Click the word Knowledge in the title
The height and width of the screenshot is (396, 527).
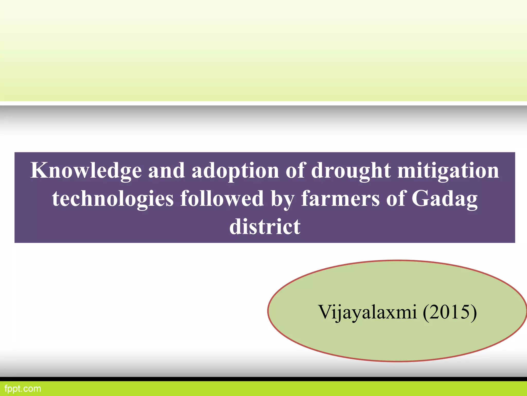[86, 171]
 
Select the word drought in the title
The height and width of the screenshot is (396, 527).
[351, 171]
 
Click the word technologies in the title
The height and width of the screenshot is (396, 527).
[113, 199]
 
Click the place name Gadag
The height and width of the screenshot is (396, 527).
[444, 199]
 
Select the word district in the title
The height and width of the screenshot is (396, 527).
[265, 227]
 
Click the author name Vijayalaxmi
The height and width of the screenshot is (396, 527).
[367, 312]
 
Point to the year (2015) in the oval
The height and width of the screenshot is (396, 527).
[450, 312]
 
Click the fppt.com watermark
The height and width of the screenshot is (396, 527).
[23, 389]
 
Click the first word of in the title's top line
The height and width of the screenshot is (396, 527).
[295, 170]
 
